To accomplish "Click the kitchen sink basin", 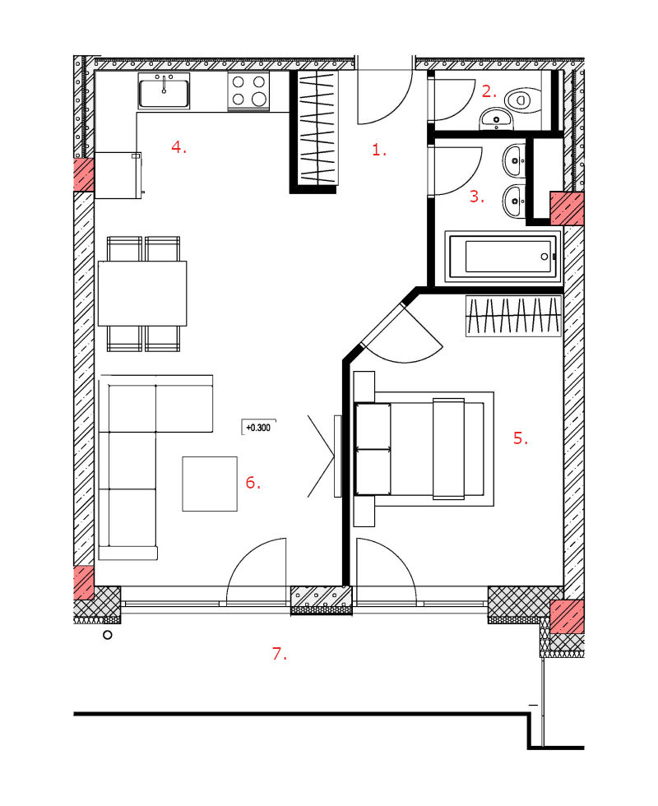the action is point(164,91).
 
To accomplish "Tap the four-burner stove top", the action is point(248,91).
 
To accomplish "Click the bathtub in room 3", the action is point(503,257).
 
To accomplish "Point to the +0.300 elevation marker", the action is point(258,427).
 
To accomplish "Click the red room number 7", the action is point(279,654).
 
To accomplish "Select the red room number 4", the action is point(179,147).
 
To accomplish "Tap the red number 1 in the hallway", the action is point(379,150).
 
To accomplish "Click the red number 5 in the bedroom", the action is point(520,438).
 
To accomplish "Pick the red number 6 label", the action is point(253,482).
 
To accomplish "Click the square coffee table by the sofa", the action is point(210,484).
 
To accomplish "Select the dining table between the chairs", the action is point(142,293).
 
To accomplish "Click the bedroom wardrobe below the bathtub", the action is point(513,316).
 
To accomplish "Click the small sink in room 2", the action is point(496,119).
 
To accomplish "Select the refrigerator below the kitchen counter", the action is point(118,175).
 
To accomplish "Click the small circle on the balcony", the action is point(108,635).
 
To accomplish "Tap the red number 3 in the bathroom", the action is point(476,197).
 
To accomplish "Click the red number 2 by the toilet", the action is point(489,91).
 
